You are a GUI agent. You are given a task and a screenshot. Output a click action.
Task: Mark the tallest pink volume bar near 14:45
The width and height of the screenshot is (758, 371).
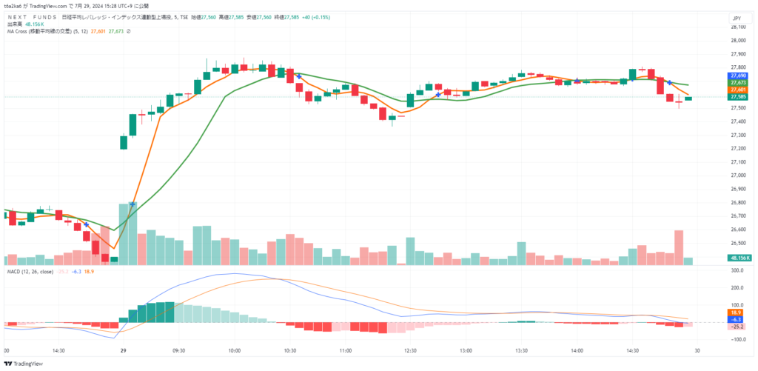click(x=679, y=247)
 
